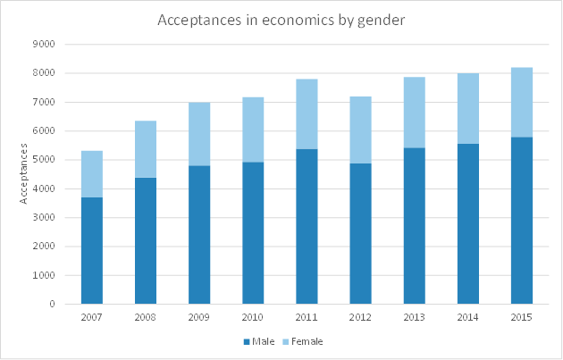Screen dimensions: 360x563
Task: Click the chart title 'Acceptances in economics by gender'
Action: click(x=281, y=20)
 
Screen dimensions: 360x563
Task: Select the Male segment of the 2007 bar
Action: click(x=92, y=250)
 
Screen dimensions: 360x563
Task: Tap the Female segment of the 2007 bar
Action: click(x=92, y=173)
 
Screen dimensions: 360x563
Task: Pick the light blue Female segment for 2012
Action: click(x=360, y=130)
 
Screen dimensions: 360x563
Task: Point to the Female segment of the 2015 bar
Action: click(x=522, y=102)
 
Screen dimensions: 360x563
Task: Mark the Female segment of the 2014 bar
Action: click(x=468, y=108)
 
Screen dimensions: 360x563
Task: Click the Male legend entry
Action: click(x=258, y=341)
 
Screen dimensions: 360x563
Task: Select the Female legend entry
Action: click(x=303, y=341)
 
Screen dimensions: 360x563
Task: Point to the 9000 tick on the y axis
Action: click(x=45, y=44)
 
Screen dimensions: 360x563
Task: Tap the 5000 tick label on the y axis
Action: click(x=45, y=160)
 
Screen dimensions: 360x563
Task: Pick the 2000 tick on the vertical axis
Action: click(x=45, y=247)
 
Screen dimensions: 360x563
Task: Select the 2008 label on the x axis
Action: click(x=146, y=317)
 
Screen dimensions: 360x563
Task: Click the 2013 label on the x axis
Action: click(x=414, y=317)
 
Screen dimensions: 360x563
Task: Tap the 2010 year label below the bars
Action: click(x=253, y=317)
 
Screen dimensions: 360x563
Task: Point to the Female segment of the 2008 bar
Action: click(x=146, y=149)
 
